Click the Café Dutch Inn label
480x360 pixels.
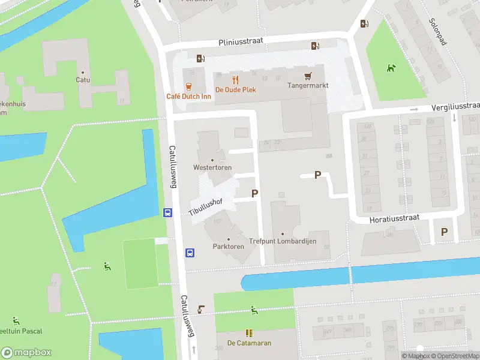[190, 97]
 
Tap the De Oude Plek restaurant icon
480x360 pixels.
[236, 80]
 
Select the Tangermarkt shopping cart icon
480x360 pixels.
[308, 76]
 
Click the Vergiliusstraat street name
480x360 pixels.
[455, 106]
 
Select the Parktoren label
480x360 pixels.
[228, 247]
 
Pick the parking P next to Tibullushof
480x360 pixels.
[255, 194]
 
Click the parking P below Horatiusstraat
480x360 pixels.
[445, 232]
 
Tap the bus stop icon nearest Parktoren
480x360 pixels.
[190, 253]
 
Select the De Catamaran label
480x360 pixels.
[249, 343]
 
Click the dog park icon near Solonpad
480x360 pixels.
[392, 68]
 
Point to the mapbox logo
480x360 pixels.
[26, 353]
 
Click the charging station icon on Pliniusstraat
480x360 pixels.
[315, 46]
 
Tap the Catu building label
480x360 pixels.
[83, 79]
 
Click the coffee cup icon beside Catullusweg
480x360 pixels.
[202, 310]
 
